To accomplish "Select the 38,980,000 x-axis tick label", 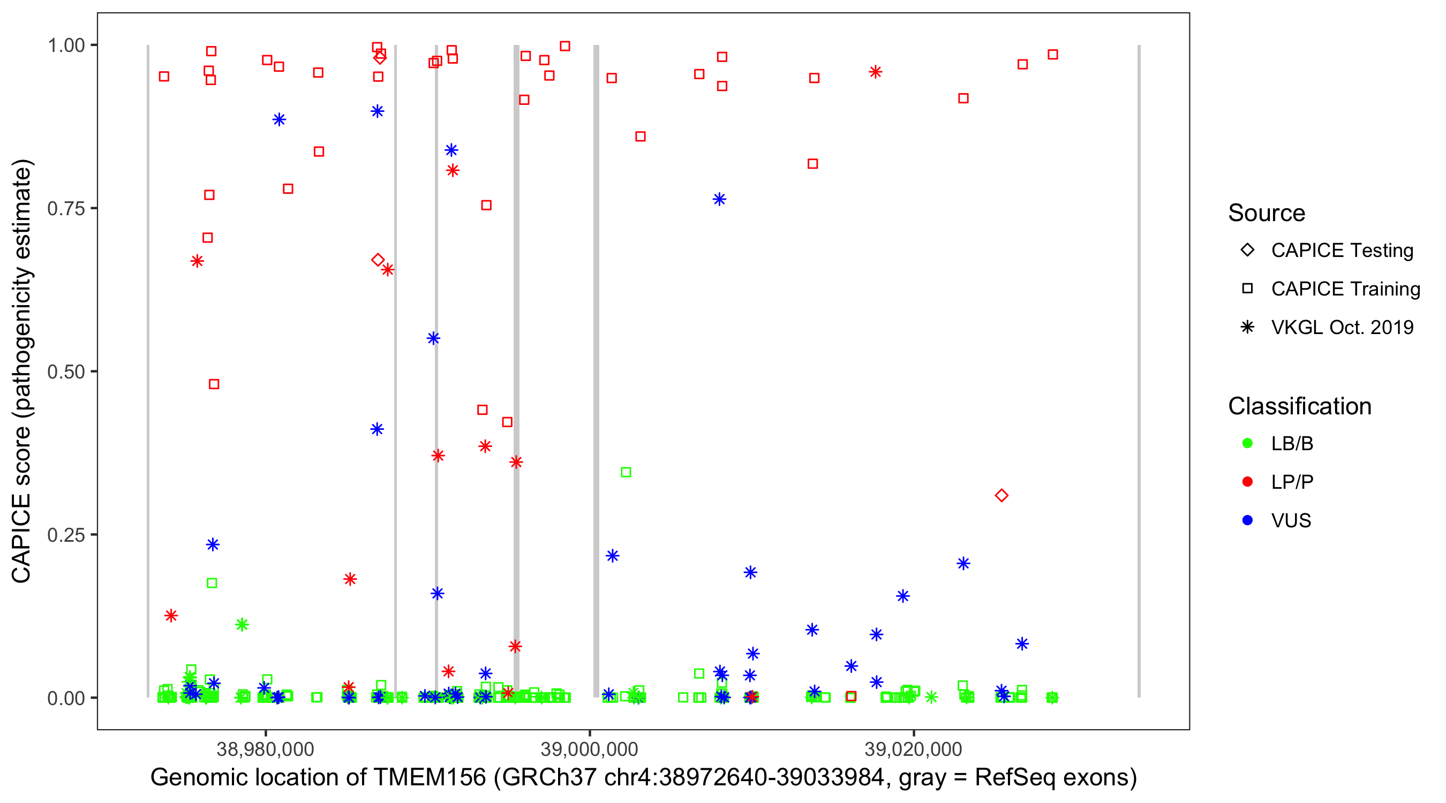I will coord(265,749).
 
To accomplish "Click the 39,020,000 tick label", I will coord(913,749).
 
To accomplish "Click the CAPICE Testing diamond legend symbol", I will coord(1247,249).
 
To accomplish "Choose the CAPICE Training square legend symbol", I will coord(1247,289).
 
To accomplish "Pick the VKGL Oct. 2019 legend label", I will coord(1342,327).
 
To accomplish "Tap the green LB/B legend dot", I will coord(1247,443).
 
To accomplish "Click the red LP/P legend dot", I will coord(1247,482).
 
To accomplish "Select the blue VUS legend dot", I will coord(1247,520).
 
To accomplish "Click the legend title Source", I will coord(1267,213).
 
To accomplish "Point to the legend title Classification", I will coord(1299,406).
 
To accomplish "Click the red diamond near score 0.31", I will coord(1001,496).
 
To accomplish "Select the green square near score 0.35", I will coord(626,473).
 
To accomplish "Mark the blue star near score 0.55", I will coord(433,338).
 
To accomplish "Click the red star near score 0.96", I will coord(875,72).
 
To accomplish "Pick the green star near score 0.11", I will coord(242,625).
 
